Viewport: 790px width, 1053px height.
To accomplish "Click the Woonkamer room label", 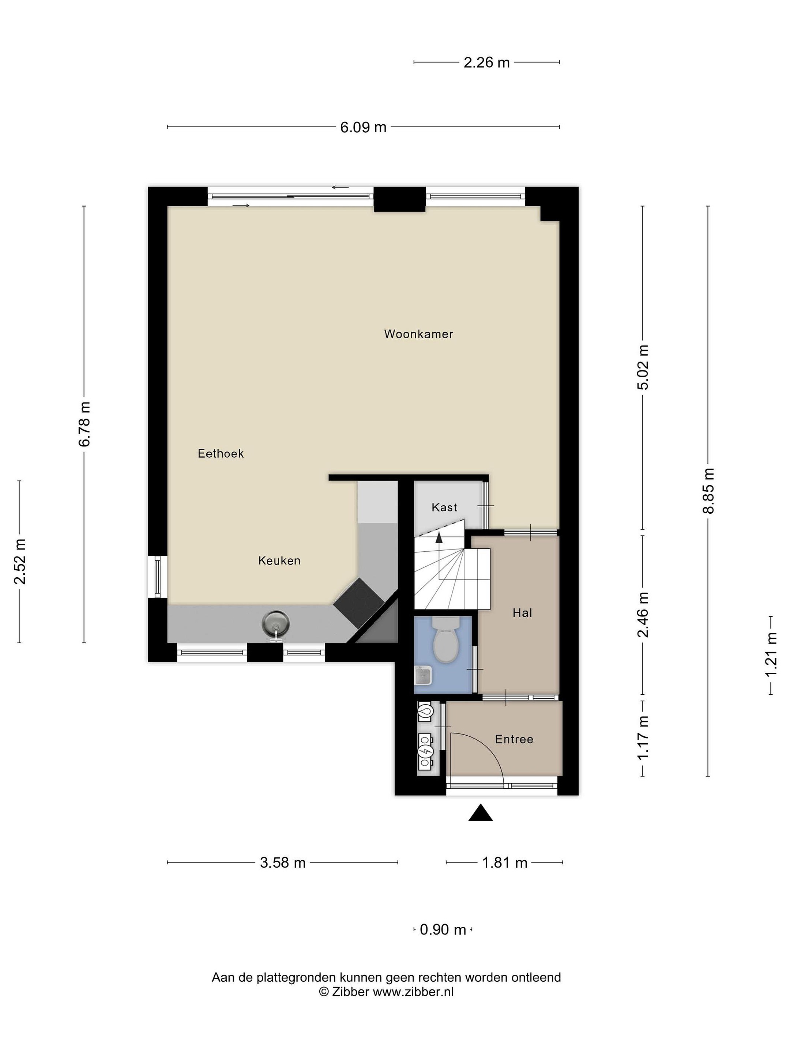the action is pos(418,334).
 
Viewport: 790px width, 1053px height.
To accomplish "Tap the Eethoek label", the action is pos(221,454).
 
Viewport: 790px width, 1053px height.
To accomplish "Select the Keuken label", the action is pos(279,561).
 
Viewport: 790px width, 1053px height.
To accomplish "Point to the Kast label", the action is pos(444,507).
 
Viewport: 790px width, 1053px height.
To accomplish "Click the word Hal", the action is pos(522,613).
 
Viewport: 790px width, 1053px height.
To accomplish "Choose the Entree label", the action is pos(514,739).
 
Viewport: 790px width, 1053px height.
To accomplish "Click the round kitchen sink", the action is pos(276,624).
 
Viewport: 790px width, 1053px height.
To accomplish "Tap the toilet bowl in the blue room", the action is pos(446,640).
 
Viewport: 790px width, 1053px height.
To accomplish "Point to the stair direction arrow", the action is pos(439,539).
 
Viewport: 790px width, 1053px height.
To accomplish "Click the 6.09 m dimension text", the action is pos(363,128).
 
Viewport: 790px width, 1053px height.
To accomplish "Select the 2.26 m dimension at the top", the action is pos(487,63).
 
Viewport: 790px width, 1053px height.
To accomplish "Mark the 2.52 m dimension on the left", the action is pos(19,562).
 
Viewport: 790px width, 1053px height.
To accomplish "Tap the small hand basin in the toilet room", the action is pos(423,675).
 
